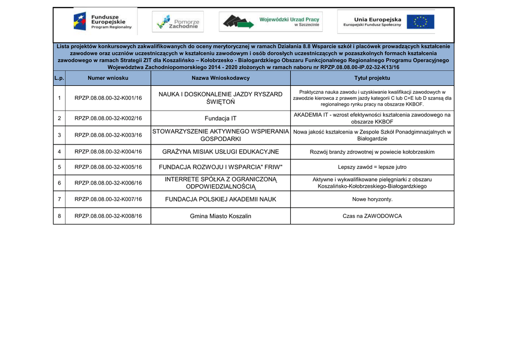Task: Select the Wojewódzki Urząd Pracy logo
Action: pyautogui.click(x=271, y=22)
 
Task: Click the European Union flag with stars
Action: pyautogui.click(x=421, y=22)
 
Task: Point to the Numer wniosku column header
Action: pyautogui.click(x=108, y=78)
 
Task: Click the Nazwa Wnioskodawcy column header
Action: pyautogui.click(x=221, y=78)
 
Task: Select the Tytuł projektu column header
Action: pyautogui.click(x=372, y=78)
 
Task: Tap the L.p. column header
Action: pyautogui.click(x=59, y=78)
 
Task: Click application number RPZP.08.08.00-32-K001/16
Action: pyautogui.click(x=108, y=98)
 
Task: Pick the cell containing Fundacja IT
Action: pyautogui.click(x=221, y=118)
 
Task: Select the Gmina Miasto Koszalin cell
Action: pyautogui.click(x=221, y=216)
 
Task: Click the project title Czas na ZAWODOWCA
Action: pyautogui.click(x=372, y=216)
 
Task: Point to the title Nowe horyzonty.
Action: pyautogui.click(x=372, y=199)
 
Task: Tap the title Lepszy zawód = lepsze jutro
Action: pyautogui.click(x=372, y=167)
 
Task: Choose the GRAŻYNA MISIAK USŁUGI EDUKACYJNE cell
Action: pyautogui.click(x=221, y=152)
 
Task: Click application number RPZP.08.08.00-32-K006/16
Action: pyautogui.click(x=108, y=183)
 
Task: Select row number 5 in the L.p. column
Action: pyautogui.click(x=59, y=167)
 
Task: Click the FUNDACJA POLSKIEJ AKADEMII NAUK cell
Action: pyautogui.click(x=221, y=199)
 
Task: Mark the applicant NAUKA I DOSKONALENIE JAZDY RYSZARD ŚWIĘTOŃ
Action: pyautogui.click(x=221, y=98)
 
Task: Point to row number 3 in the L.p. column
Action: pyautogui.click(x=59, y=135)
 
